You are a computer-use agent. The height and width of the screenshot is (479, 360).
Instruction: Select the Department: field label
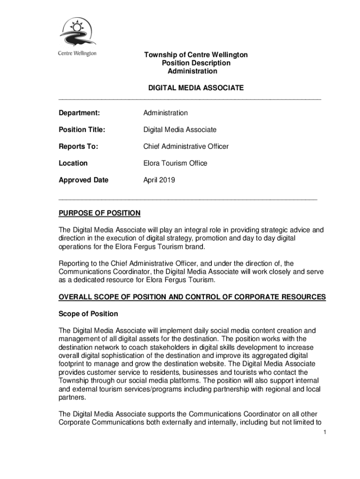point(79,113)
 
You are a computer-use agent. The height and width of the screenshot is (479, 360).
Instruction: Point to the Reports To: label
point(78,146)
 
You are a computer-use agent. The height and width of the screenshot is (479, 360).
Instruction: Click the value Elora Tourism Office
point(175,163)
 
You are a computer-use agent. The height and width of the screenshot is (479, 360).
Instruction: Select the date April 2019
point(159,180)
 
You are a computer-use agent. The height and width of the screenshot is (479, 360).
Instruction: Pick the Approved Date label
point(83,180)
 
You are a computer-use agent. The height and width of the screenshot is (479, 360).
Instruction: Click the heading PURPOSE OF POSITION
point(99,213)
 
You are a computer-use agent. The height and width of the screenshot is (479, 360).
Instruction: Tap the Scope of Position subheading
point(88,314)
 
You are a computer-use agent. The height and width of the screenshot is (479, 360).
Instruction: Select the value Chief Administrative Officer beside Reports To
point(186,146)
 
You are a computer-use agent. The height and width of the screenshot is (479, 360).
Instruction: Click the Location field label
point(73,163)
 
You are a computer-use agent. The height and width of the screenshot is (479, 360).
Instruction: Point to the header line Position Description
point(196,63)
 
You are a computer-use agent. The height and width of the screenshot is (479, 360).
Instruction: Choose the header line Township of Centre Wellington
point(195,55)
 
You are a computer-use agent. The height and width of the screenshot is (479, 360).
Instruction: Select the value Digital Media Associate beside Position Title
point(180,130)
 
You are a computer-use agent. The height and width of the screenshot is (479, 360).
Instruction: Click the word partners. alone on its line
point(72,397)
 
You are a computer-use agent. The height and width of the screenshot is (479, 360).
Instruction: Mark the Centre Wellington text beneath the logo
point(77,53)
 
